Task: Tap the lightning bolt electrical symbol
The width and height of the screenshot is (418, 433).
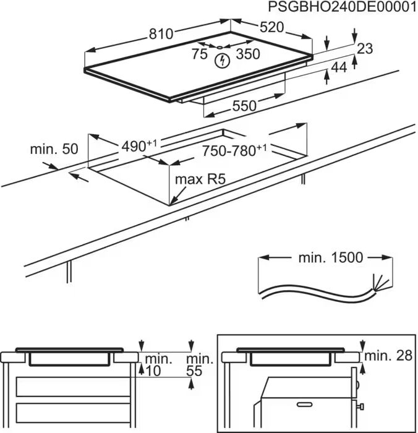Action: click(x=221, y=61)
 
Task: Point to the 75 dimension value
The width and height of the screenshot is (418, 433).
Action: click(x=199, y=54)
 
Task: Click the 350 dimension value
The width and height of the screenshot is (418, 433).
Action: click(x=249, y=54)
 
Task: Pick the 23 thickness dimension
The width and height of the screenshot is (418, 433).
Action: click(x=365, y=48)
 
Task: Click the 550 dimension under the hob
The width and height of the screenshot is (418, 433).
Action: click(x=244, y=106)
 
